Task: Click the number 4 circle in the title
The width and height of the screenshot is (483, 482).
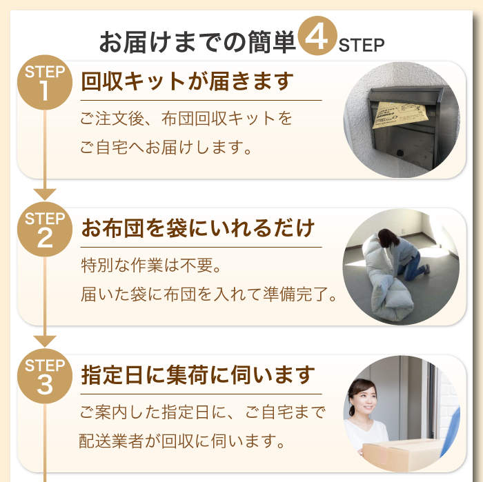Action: [x=317, y=36]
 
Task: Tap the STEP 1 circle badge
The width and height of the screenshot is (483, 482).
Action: [x=45, y=83]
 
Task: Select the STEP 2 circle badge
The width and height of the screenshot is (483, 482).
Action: [x=45, y=230]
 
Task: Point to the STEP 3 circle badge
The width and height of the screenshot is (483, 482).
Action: [x=45, y=376]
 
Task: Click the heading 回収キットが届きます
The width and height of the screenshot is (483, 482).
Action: [x=187, y=81]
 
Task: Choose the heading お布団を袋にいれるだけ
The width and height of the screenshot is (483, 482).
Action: [x=198, y=228]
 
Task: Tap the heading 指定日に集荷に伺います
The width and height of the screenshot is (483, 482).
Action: [x=198, y=375]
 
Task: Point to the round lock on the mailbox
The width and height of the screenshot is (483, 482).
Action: [x=400, y=153]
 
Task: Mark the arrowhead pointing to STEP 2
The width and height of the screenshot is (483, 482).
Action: [x=45, y=194]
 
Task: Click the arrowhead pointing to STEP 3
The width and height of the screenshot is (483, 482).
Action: [x=45, y=341]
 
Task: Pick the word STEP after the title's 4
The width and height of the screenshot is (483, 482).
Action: [x=362, y=46]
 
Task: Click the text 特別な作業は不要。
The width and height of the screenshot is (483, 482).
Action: [x=151, y=265]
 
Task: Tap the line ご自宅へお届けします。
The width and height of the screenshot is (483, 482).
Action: [x=166, y=147]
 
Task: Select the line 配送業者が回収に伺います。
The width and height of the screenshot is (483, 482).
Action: [x=181, y=441]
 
